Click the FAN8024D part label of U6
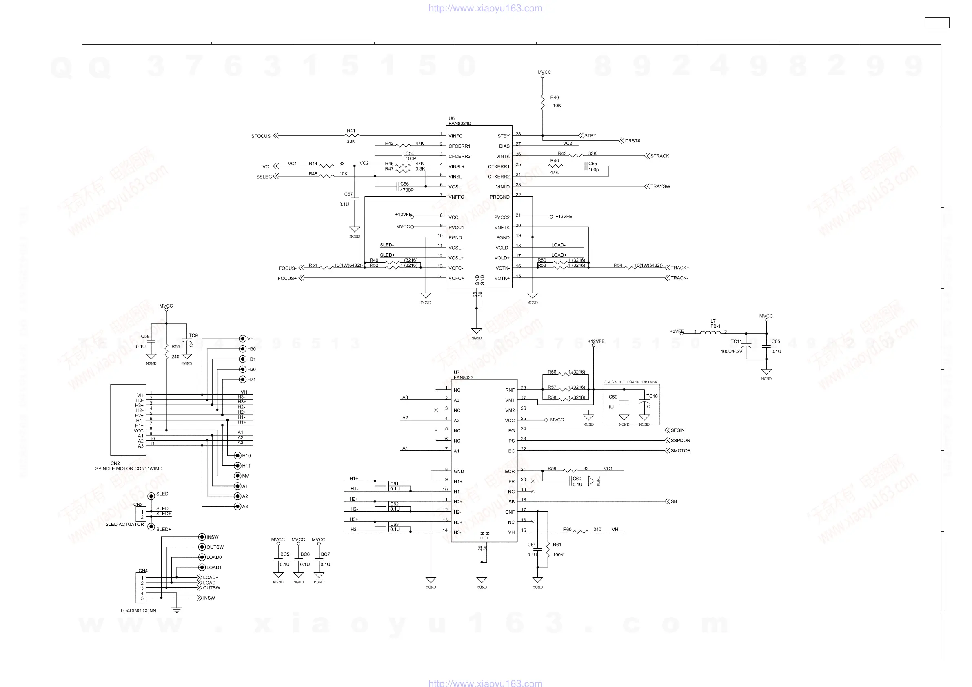click(x=460, y=124)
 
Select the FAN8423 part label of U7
click(x=464, y=377)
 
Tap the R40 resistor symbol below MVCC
click(x=543, y=102)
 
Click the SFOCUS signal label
click(x=260, y=136)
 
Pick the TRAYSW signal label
click(x=660, y=187)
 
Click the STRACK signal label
click(x=659, y=156)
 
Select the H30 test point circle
click(x=242, y=349)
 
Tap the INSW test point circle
click(x=202, y=537)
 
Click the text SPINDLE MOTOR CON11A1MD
click(x=129, y=469)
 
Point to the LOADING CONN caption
click(x=138, y=611)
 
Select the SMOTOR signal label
click(x=680, y=451)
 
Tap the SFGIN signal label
click(x=677, y=430)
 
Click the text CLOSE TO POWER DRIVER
click(x=630, y=382)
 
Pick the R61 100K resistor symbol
click(x=548, y=550)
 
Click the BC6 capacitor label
click(x=305, y=554)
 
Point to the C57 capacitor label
click(x=348, y=194)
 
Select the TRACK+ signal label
click(x=679, y=268)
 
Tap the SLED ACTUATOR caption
click(x=124, y=525)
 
